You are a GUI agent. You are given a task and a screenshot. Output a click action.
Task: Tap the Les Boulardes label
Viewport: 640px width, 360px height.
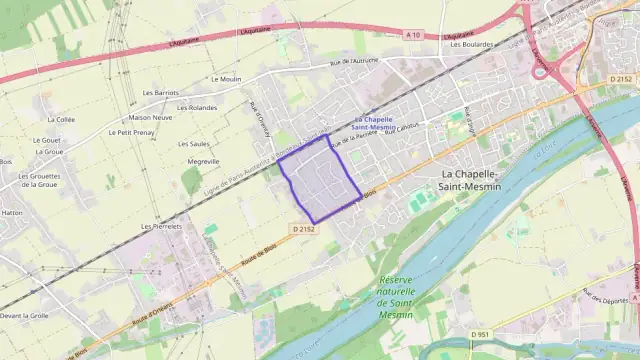[x=471, y=44]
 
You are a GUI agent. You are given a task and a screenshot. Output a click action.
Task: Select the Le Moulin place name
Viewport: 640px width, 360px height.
[x=226, y=78]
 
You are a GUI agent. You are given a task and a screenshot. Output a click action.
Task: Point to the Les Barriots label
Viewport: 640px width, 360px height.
[x=161, y=93]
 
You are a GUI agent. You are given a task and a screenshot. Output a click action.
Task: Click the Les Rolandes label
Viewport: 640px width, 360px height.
[x=197, y=107]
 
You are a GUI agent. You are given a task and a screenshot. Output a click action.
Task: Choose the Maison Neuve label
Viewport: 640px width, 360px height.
[x=150, y=117]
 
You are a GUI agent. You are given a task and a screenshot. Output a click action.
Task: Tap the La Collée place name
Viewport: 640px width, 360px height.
[x=59, y=119]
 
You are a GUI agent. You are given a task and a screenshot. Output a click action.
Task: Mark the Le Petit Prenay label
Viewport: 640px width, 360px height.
[x=131, y=132]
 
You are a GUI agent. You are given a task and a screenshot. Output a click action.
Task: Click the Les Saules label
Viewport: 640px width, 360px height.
[x=193, y=144]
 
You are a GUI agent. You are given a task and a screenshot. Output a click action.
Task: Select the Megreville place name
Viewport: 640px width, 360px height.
[x=203, y=161]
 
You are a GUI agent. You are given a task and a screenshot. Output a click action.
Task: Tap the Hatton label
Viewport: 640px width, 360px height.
[x=12, y=213]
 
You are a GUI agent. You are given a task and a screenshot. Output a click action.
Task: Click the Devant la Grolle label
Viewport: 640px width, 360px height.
[x=24, y=315]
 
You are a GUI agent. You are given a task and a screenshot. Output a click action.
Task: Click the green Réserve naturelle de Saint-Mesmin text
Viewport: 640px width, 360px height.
[x=381, y=296]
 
